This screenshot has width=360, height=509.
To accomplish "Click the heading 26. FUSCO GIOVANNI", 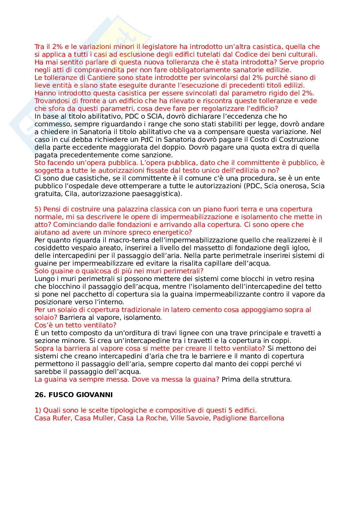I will click(74, 395).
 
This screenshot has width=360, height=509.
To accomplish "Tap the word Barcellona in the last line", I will click(267, 418).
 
